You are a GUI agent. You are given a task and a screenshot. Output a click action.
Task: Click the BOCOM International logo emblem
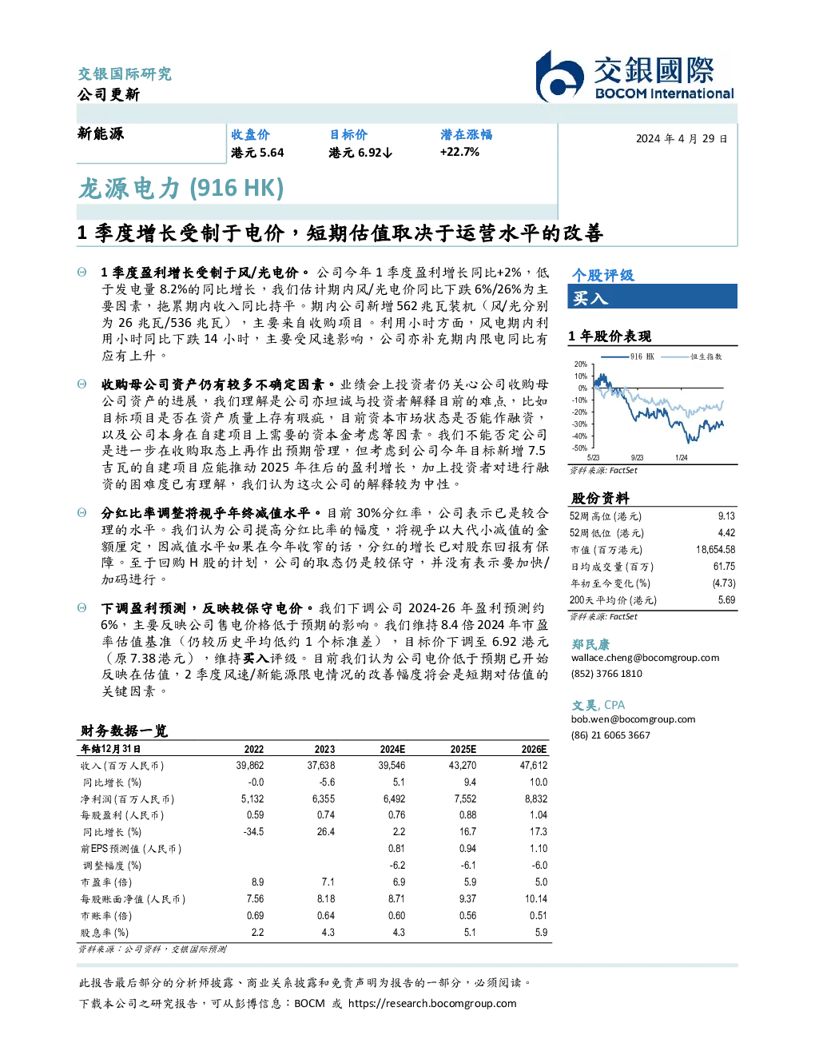click(559, 76)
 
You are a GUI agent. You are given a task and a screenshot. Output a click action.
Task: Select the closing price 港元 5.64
click(257, 153)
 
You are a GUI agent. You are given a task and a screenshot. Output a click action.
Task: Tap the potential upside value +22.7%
click(459, 152)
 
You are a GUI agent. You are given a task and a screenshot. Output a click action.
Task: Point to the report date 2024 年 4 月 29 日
click(682, 139)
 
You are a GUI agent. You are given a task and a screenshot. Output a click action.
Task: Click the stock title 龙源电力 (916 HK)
click(181, 189)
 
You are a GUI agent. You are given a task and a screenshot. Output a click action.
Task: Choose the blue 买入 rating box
click(652, 297)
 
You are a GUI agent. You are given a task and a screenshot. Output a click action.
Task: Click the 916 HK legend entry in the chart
click(628, 356)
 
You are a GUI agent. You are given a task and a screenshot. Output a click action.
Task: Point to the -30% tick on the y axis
click(580, 424)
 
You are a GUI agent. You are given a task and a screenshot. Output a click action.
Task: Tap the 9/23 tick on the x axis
click(637, 458)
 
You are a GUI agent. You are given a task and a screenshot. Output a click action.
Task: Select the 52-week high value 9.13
click(726, 516)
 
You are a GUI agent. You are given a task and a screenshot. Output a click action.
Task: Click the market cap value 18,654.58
click(715, 550)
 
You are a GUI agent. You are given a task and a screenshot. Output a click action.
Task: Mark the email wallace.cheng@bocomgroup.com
click(645, 658)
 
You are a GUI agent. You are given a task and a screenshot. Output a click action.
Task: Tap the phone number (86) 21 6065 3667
click(610, 735)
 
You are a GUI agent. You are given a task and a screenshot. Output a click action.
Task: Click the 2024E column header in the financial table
click(392, 749)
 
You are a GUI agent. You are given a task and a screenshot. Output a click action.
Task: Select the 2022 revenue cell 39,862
click(250, 766)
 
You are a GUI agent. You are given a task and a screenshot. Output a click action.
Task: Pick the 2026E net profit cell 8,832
click(535, 798)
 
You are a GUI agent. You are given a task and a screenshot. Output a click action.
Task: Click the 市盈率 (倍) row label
click(106, 882)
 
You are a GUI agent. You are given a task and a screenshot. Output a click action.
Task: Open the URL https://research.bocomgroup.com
click(432, 1004)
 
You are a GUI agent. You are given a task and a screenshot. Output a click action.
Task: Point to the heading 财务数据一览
click(124, 731)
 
